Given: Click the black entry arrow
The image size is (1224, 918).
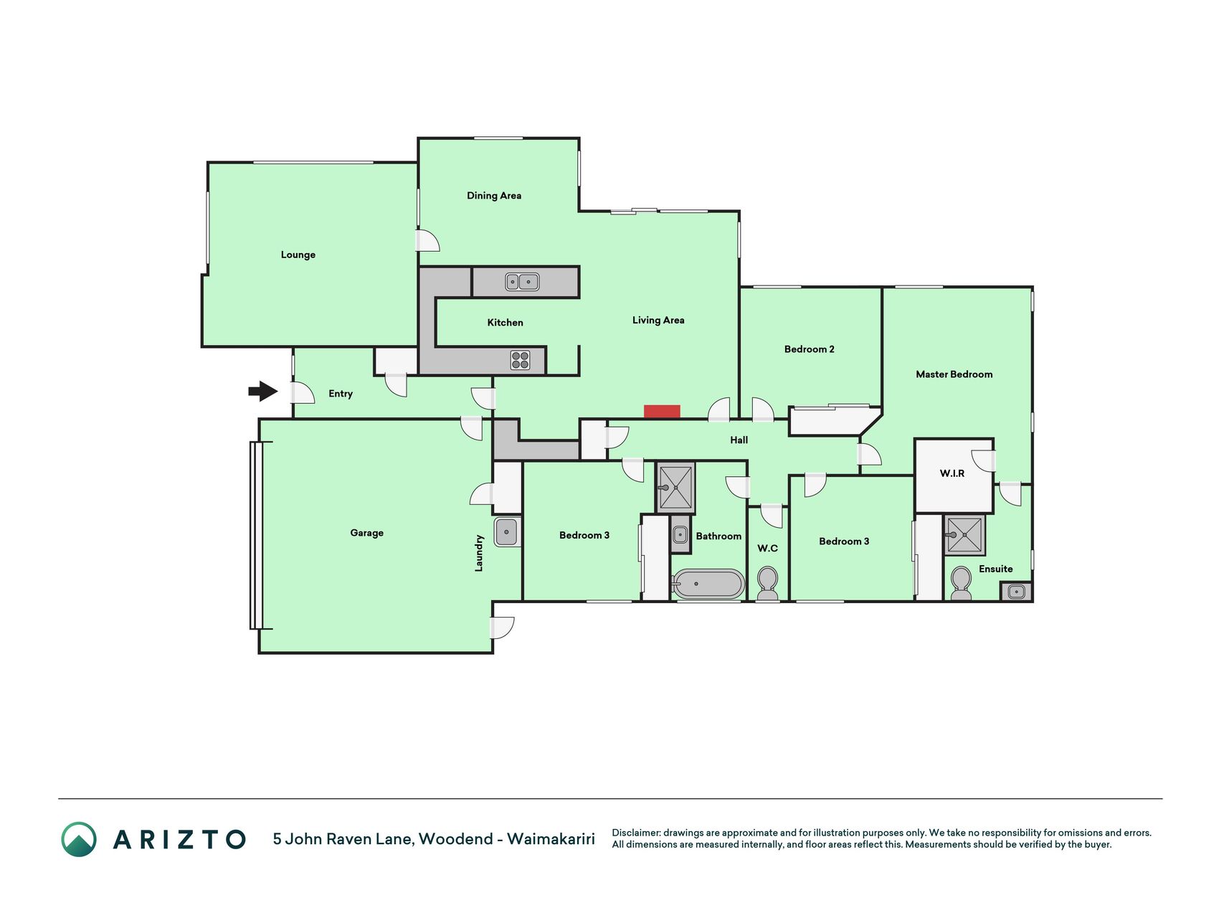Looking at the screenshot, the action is click(263, 391).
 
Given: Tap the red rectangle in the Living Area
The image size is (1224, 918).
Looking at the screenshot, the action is click(662, 412).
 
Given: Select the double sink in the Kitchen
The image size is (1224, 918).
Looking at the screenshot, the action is click(522, 282).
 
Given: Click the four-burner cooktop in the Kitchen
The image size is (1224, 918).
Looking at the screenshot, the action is click(520, 360).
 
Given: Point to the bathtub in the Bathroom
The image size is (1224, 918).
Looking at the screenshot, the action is click(708, 584).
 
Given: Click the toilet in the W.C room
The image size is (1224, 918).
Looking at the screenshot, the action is click(767, 583).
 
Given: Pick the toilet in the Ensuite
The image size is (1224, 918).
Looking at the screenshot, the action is click(961, 583).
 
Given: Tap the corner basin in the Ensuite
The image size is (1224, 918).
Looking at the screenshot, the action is click(1016, 592).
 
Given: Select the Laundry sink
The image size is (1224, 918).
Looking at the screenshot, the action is click(506, 531).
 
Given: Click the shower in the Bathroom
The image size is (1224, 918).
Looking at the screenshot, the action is click(675, 488).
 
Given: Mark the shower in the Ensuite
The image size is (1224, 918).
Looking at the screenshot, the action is click(964, 535).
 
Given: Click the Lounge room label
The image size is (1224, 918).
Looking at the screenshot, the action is click(298, 255).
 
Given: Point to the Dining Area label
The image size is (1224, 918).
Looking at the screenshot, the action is click(494, 196).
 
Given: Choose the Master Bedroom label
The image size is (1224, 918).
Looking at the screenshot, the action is click(954, 374).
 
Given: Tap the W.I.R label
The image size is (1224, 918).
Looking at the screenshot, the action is click(952, 473).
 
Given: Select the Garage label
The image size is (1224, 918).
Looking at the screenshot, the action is click(367, 533).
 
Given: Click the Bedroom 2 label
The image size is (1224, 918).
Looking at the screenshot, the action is click(810, 349).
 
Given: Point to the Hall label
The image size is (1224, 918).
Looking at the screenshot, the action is click(739, 440).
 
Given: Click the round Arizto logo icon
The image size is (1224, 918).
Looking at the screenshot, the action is click(79, 839).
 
